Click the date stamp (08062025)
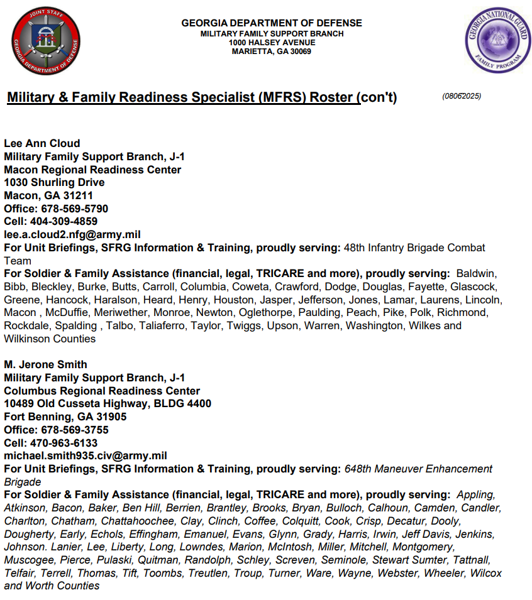(462, 96)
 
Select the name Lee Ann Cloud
(42, 143)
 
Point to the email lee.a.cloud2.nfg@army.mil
(72, 234)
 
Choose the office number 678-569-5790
(75, 209)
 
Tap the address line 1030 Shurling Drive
(54, 182)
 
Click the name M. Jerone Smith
(45, 364)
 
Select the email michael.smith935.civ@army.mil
(85, 455)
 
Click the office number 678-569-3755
(75, 430)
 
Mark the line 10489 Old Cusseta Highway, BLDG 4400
(108, 403)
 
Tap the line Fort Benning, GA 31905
(65, 417)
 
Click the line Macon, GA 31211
(48, 195)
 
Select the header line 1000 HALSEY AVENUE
(272, 43)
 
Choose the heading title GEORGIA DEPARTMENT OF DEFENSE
(272, 23)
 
